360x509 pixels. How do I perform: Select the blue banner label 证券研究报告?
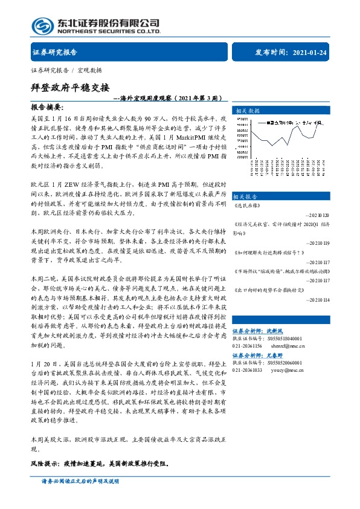[55, 52]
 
